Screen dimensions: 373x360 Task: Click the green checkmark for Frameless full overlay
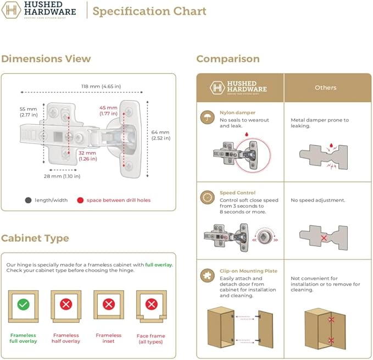[x=23, y=304]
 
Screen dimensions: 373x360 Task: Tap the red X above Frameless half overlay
[x=66, y=304]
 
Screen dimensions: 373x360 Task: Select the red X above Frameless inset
[x=109, y=304]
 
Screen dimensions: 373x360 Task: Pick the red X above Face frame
[x=151, y=304]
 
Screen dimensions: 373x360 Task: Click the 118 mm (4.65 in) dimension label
[x=101, y=86]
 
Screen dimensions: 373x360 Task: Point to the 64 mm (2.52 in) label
[x=161, y=135]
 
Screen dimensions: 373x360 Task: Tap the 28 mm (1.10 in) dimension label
[x=62, y=176]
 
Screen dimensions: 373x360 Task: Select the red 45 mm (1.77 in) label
[x=108, y=110]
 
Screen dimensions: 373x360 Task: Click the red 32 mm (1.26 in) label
[x=87, y=156]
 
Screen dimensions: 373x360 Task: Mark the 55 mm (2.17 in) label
[x=29, y=112]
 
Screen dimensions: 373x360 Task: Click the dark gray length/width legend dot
[x=28, y=201]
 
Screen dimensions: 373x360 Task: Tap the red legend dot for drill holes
[x=80, y=201]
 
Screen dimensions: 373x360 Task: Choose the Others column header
[x=326, y=87]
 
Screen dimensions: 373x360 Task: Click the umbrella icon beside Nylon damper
[x=207, y=117]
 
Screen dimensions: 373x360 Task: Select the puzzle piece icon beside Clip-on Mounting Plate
[x=207, y=275]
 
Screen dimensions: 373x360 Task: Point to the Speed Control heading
[x=237, y=193]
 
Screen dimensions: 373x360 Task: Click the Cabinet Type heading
[x=35, y=238]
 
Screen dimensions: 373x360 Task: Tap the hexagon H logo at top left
[x=11, y=10]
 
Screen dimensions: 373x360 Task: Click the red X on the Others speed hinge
[x=324, y=238]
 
